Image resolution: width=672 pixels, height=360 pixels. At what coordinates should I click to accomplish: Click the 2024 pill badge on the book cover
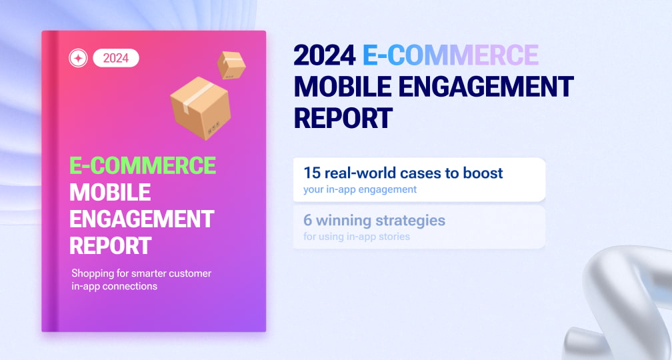[116, 58]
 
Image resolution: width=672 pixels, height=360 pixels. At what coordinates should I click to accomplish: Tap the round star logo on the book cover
[79, 58]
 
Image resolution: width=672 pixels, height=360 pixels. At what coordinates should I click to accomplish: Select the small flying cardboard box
[231, 65]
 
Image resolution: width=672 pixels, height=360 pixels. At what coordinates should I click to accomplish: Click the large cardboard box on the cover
[201, 108]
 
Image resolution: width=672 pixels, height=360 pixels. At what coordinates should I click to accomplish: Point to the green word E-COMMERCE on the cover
[143, 165]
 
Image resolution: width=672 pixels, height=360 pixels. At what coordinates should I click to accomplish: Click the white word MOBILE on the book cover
[110, 192]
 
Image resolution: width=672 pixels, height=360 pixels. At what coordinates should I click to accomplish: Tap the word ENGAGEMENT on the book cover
[142, 219]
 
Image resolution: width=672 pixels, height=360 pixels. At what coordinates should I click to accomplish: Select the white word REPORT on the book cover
[111, 245]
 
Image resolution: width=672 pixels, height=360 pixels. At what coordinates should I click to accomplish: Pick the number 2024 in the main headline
[325, 55]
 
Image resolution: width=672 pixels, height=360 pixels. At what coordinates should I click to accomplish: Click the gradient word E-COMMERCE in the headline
[451, 55]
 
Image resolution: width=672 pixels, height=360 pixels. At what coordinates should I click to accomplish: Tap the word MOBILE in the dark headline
[343, 86]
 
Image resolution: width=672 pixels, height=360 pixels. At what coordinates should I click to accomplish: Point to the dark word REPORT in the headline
[343, 118]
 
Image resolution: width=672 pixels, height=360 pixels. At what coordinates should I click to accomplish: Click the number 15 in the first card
[312, 173]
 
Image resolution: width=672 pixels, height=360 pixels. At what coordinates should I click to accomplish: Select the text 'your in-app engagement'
[360, 189]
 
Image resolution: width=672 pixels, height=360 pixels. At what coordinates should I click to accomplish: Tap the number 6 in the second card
[308, 220]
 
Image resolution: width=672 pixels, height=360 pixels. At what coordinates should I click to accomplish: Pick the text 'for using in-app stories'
[357, 237]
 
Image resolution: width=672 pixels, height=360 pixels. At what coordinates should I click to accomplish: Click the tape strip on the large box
[197, 97]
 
